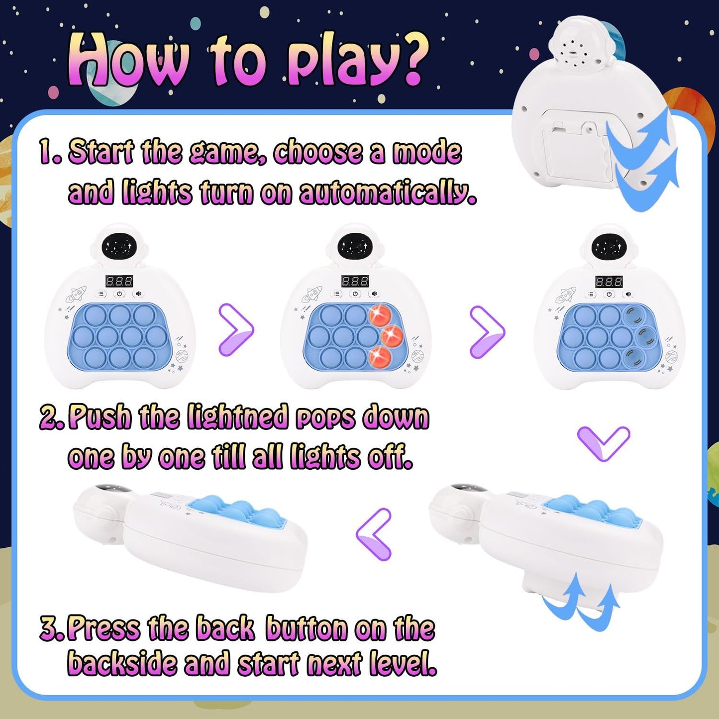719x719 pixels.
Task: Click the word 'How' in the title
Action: pos(127,61)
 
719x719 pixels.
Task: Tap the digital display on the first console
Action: pos(119,281)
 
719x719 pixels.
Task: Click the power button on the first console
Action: pos(119,294)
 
